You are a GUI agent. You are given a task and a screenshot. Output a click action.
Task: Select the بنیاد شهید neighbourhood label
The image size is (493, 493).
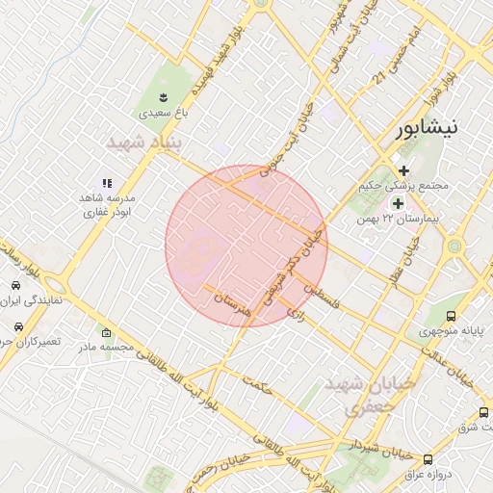point(143,143)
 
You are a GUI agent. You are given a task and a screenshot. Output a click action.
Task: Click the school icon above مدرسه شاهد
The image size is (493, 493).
point(107,183)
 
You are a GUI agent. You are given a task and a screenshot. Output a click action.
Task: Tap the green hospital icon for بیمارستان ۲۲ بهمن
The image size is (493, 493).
point(397,203)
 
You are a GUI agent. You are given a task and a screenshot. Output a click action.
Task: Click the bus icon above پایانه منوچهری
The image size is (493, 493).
point(451,316)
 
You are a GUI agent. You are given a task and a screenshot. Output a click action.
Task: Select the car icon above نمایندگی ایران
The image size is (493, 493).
point(16,286)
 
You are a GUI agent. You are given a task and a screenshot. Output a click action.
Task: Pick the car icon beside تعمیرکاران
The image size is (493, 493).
point(16,325)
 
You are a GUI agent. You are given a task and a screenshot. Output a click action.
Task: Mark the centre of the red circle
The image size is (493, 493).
point(246,246)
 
